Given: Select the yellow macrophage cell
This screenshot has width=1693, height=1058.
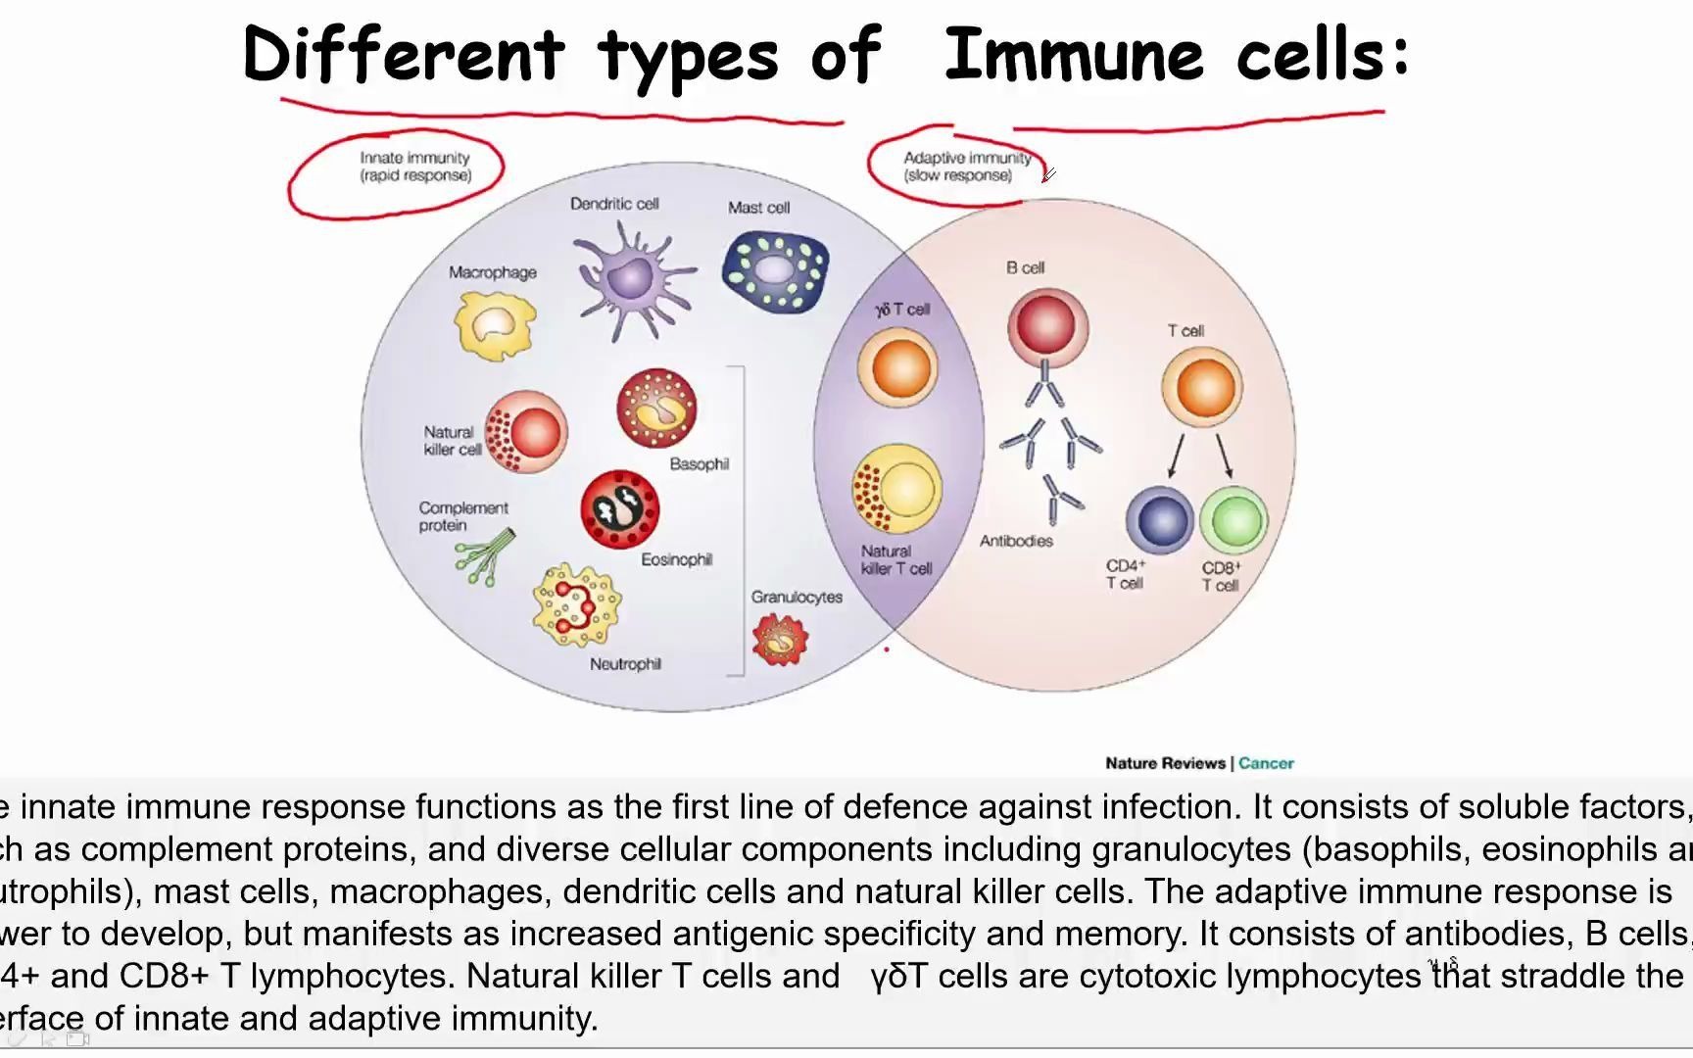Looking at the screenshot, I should [x=495, y=325].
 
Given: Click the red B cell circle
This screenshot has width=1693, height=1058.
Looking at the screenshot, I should [x=1047, y=324].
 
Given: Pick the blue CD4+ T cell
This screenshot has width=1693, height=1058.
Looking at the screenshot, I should [x=1160, y=521].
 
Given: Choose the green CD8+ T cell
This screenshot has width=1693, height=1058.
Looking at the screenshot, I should [x=1233, y=521].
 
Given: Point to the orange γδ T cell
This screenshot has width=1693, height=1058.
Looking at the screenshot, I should [x=897, y=367].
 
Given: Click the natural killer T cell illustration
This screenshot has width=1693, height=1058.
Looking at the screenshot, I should [x=896, y=489].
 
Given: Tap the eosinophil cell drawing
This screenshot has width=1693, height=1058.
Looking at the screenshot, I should [x=619, y=508].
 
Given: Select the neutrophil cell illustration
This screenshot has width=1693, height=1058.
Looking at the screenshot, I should [x=576, y=604].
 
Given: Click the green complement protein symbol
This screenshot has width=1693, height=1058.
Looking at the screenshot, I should [x=484, y=557].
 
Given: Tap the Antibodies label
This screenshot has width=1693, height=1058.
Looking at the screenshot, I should [x=1016, y=541].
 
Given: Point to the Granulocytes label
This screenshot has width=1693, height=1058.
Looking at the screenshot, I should [x=797, y=597].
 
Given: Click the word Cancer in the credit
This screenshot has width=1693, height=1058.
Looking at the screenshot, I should [x=1266, y=763].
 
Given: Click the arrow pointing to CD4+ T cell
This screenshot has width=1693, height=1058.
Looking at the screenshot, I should [x=1176, y=456].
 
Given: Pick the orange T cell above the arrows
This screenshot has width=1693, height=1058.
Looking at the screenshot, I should [x=1202, y=387].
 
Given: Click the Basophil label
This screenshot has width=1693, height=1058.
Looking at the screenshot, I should [x=699, y=463].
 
